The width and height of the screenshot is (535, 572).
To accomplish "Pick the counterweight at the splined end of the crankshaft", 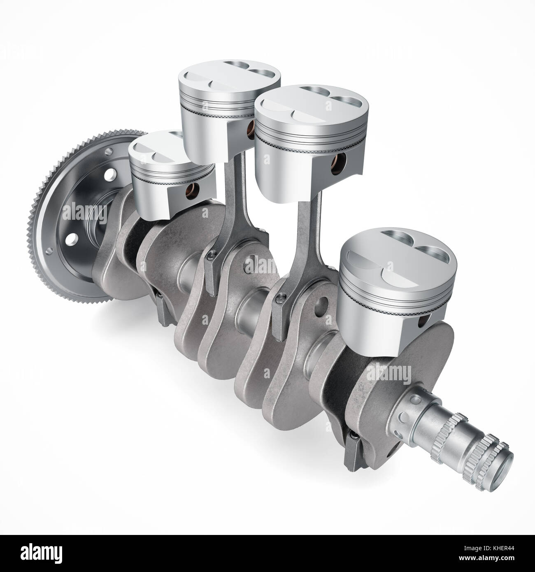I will coord(416,370).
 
